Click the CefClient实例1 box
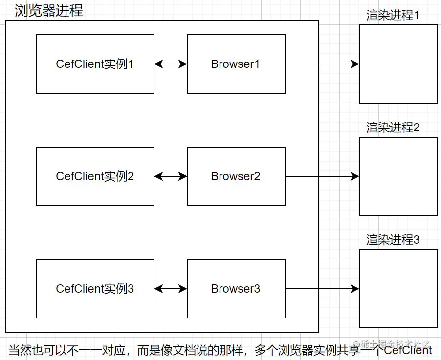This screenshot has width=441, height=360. click(x=95, y=64)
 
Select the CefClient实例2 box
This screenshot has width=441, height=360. click(x=95, y=176)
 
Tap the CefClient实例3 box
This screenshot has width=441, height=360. click(x=95, y=289)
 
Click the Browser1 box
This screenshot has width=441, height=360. click(x=236, y=64)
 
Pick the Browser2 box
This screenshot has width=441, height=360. click(x=236, y=176)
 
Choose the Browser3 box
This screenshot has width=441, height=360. click(x=236, y=289)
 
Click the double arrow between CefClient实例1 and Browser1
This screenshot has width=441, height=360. click(x=171, y=64)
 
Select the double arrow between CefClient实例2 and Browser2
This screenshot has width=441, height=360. click(x=171, y=176)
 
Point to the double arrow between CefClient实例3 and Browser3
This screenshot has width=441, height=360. click(x=171, y=289)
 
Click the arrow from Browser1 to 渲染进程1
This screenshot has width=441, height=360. click(x=322, y=64)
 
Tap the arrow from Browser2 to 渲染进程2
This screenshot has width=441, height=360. click(x=322, y=176)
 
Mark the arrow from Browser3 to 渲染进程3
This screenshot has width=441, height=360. click(x=322, y=289)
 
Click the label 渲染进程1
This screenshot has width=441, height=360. click(x=393, y=16)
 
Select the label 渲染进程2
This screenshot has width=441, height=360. click(x=393, y=128)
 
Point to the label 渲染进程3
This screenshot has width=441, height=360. click(x=393, y=240)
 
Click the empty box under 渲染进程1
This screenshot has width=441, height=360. click(x=398, y=64)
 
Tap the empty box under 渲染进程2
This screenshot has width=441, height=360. click(x=398, y=176)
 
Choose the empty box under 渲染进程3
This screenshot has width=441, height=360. click(x=398, y=289)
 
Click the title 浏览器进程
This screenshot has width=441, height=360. click(x=49, y=11)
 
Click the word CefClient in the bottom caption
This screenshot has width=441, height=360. click(x=408, y=350)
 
